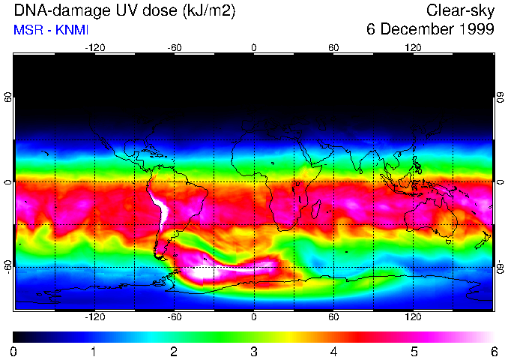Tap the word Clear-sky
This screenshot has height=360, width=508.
460,10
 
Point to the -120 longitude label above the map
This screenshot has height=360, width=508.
94,47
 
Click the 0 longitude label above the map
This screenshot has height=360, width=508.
254,47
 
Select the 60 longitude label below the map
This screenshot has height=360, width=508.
333,317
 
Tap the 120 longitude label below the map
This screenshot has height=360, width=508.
413,317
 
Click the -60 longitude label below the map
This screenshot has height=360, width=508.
174,317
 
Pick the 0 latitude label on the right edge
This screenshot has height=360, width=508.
500,181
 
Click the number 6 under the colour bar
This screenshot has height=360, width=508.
494,351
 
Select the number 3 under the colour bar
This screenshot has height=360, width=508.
254,351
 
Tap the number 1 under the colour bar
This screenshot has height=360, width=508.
94,351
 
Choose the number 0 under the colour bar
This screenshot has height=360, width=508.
14,351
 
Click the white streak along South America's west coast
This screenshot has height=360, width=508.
160,208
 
